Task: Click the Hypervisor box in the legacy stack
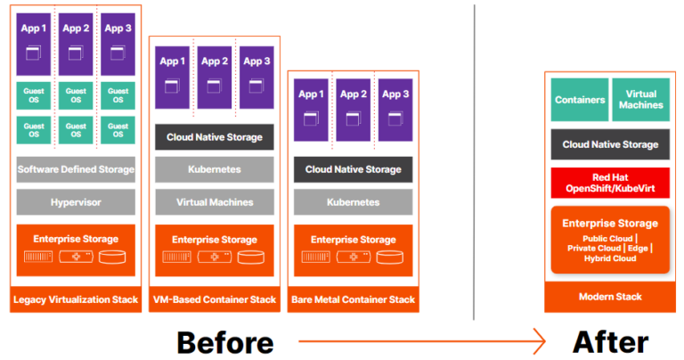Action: click(x=76, y=202)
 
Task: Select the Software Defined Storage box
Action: click(x=76, y=169)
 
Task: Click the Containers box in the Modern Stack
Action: click(x=579, y=100)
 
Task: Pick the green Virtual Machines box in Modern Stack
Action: click(x=642, y=100)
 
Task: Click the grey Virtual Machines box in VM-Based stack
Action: click(x=214, y=202)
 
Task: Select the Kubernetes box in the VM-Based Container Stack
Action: click(x=214, y=169)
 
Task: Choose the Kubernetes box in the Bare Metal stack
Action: click(x=353, y=202)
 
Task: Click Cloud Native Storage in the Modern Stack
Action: click(x=611, y=144)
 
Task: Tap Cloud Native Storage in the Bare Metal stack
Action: click(x=353, y=169)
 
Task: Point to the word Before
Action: click(x=224, y=341)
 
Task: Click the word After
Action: click(x=610, y=341)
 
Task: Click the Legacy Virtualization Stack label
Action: click(x=76, y=299)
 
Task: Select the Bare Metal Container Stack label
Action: click(x=353, y=299)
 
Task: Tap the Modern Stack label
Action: click(x=611, y=297)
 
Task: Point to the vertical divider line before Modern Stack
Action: click(x=475, y=160)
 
